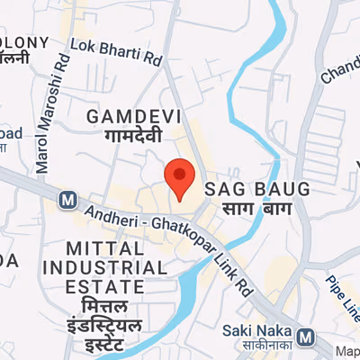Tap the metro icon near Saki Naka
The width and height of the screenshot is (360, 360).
[x=305, y=338]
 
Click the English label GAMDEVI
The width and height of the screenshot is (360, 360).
[x=134, y=117]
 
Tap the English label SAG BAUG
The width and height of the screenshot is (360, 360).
[x=257, y=190]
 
